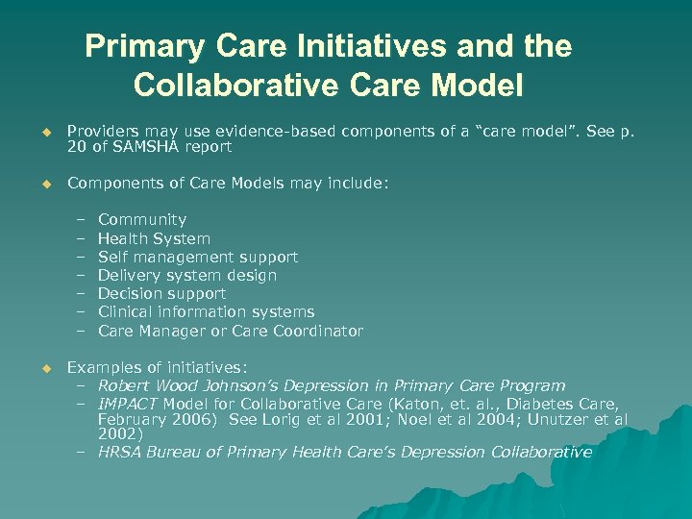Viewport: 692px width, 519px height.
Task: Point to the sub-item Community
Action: click(x=142, y=220)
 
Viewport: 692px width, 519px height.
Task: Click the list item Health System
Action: click(x=154, y=238)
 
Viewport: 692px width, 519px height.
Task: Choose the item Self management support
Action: click(x=198, y=257)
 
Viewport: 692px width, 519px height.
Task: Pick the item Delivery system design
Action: click(x=187, y=275)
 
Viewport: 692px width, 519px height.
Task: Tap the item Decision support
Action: click(x=161, y=293)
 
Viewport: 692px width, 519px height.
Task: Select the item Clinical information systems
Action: click(x=206, y=311)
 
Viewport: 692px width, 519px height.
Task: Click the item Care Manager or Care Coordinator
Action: click(x=231, y=331)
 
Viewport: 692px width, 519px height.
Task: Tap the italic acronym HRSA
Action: click(x=120, y=452)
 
